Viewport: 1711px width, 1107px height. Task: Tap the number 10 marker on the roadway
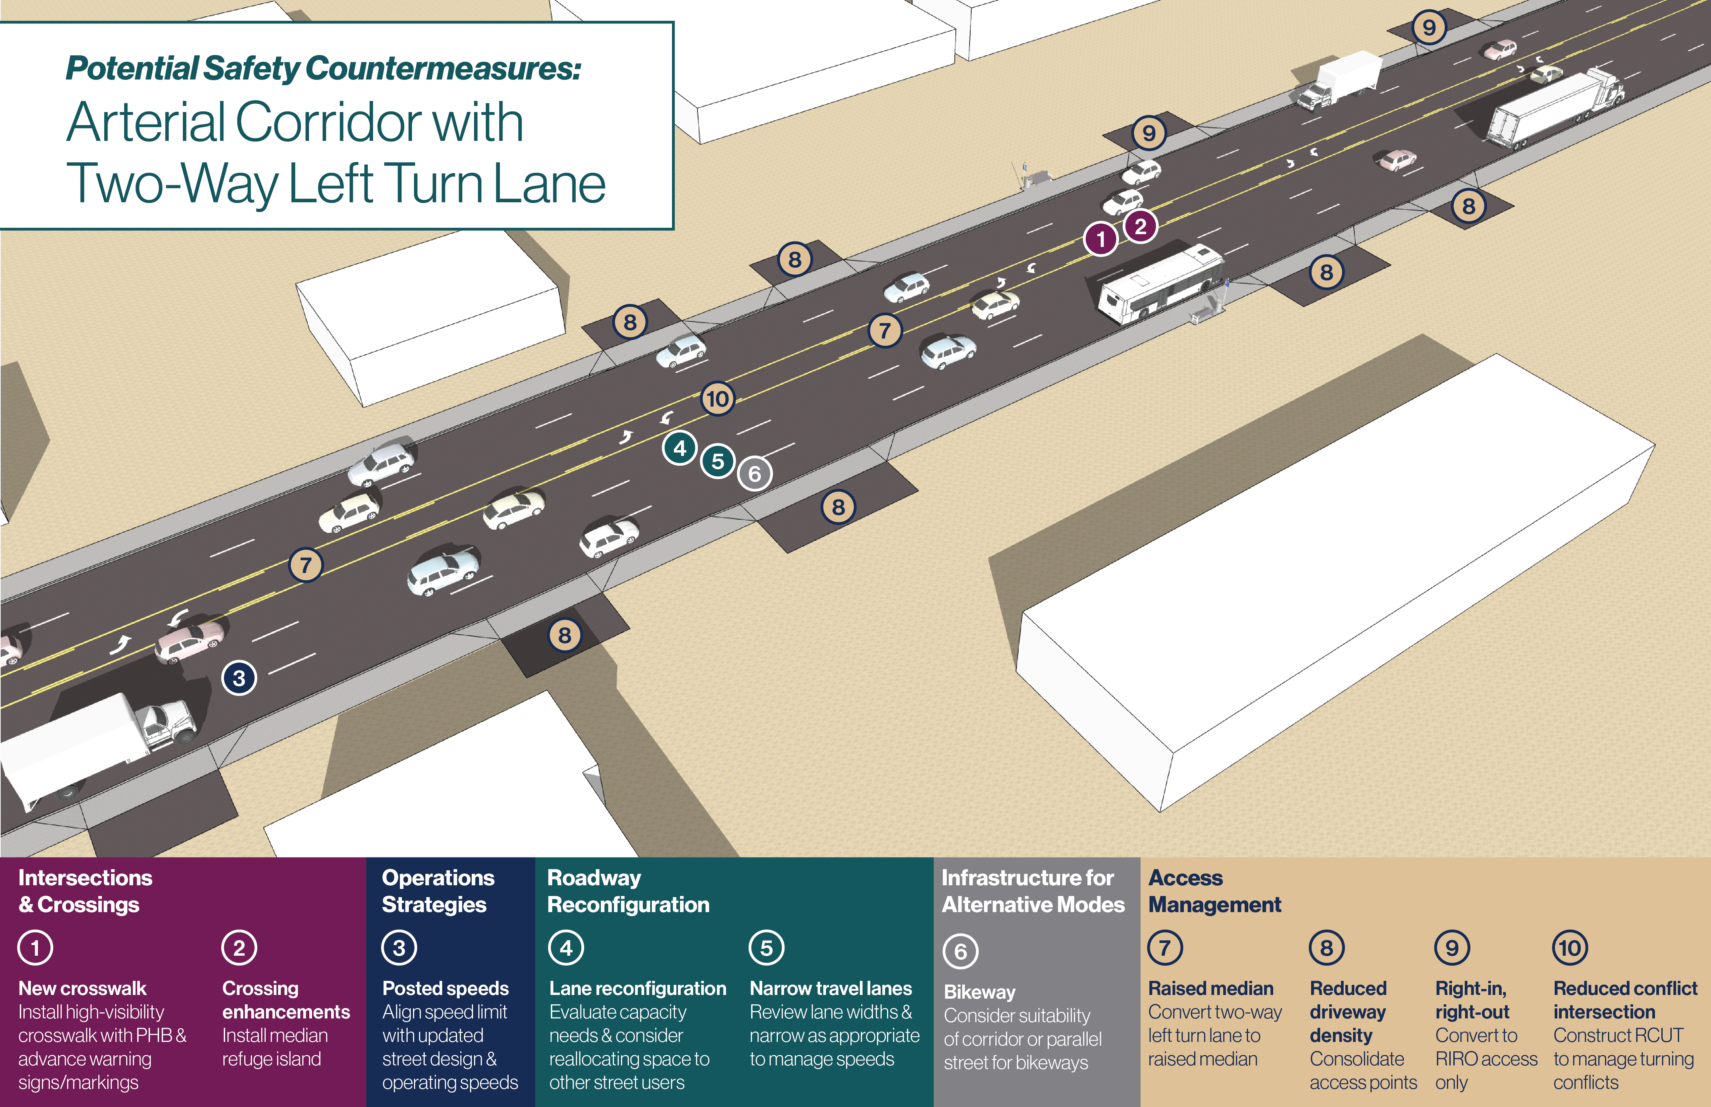(718, 399)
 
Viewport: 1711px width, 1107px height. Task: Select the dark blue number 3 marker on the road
(240, 678)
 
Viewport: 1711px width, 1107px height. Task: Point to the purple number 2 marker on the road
(1140, 226)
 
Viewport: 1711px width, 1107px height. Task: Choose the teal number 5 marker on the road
(718, 461)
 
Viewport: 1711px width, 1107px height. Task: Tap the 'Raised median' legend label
(1211, 988)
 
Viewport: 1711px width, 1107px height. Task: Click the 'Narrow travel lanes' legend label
(830, 988)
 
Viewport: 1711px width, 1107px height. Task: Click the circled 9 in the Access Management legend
(1452, 947)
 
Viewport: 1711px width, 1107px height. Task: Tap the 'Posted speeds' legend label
(445, 988)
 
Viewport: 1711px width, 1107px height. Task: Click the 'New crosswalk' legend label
(82, 988)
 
